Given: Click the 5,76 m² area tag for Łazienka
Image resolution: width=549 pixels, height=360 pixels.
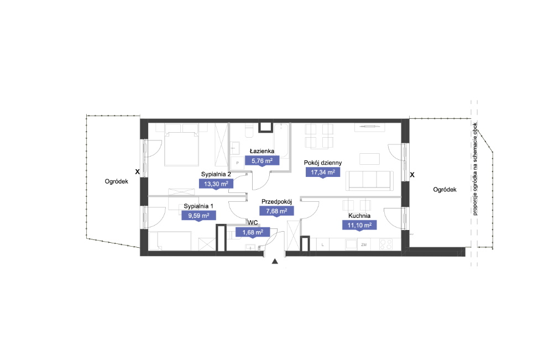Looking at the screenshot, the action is [x=262, y=161].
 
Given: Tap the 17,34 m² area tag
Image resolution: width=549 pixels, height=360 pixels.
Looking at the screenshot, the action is [x=323, y=172].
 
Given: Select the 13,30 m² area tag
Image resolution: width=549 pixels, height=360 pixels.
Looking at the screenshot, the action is [x=216, y=184].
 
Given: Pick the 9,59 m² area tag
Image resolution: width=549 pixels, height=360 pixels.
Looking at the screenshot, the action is [x=198, y=215].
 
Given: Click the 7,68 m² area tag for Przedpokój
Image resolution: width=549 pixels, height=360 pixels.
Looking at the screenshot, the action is [x=276, y=211].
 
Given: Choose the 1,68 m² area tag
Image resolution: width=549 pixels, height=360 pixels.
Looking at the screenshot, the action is [x=253, y=232].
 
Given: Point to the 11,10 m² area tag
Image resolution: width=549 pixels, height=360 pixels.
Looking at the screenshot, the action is [x=359, y=225].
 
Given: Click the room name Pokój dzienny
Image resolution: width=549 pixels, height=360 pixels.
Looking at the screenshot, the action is [x=323, y=163].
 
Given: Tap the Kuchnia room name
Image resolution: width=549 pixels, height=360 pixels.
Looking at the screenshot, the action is [x=359, y=216].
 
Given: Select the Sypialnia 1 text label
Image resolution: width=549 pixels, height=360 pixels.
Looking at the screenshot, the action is [x=198, y=206].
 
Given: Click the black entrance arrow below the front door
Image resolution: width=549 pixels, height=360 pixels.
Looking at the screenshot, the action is [x=275, y=261].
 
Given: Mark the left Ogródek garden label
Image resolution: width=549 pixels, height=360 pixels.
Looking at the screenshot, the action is [x=116, y=181].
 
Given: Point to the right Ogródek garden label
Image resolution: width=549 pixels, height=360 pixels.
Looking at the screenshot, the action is [x=445, y=190].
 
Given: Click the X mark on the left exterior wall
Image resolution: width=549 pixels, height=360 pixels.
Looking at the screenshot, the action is [x=137, y=172].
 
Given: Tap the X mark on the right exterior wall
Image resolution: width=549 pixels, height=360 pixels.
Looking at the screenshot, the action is [x=412, y=175].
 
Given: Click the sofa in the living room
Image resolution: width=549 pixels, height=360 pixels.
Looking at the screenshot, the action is [x=369, y=180].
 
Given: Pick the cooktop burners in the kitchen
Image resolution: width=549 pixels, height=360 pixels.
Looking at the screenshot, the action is [x=385, y=244].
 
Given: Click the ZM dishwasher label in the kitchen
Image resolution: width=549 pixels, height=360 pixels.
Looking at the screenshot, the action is [x=364, y=245].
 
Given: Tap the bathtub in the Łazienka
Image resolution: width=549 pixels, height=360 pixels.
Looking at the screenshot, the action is [x=281, y=140].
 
